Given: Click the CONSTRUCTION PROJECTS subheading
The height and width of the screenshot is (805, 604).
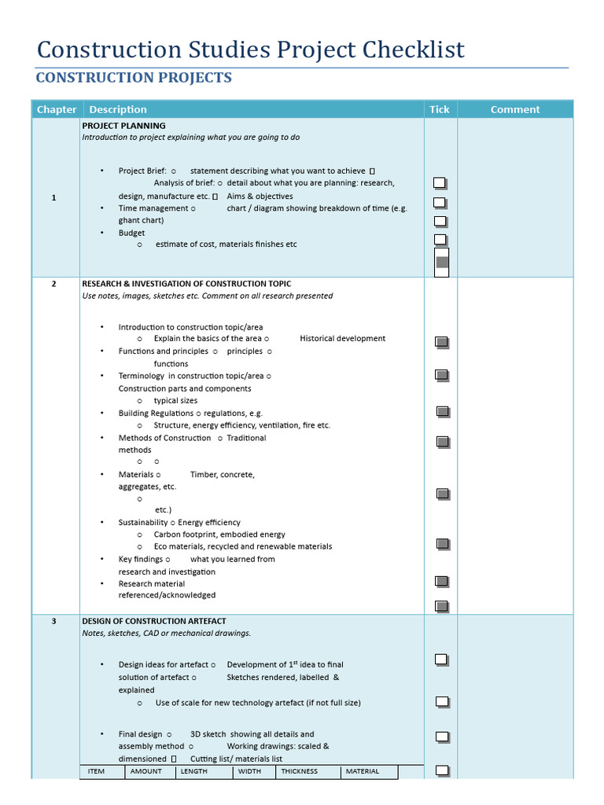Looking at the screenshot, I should [x=134, y=77].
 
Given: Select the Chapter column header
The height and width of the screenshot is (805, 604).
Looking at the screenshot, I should [x=56, y=109].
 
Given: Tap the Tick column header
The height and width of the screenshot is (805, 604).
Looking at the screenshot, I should [x=440, y=109].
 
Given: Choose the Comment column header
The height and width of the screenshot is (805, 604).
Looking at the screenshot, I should [x=515, y=109].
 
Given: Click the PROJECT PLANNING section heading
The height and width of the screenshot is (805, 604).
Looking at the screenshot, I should [x=123, y=125].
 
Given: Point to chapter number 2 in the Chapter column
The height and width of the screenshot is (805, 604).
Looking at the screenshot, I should [x=53, y=284].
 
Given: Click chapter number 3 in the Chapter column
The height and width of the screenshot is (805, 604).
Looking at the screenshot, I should [x=53, y=621].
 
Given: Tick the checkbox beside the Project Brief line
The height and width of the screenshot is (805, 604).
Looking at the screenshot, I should [x=440, y=182].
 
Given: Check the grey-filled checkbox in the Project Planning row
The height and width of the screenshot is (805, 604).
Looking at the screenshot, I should [x=442, y=262].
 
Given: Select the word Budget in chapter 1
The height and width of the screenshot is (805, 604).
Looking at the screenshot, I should [x=131, y=233].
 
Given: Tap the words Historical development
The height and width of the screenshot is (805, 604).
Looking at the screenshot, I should [x=342, y=339].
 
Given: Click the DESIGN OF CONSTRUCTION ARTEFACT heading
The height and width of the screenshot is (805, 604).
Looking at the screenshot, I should [x=153, y=621].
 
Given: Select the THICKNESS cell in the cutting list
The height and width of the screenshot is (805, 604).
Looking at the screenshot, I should [x=300, y=771].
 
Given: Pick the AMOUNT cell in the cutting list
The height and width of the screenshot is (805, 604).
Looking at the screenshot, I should [x=146, y=771].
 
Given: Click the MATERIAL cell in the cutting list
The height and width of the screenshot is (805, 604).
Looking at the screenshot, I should [x=362, y=771].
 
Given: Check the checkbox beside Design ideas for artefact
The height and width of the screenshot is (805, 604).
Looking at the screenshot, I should [x=441, y=659].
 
